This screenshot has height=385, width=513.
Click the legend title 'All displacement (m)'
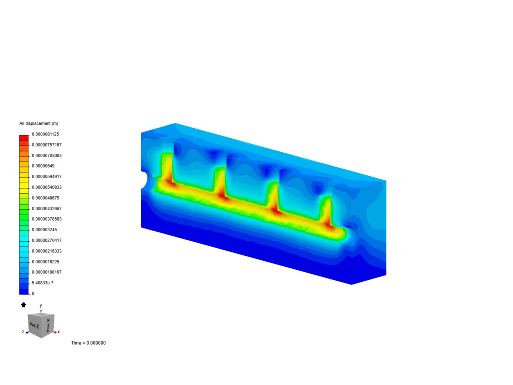[x=39, y=123]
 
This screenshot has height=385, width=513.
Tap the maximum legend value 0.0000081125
[x=45, y=134]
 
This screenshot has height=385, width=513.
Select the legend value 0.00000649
[x=43, y=166]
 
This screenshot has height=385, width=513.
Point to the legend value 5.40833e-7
[x=42, y=283]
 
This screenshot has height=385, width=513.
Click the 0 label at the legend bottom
[x=33, y=294]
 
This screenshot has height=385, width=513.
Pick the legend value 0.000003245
[x=45, y=230]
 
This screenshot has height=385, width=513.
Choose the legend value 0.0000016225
[x=45, y=262]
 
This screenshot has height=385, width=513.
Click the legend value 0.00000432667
[x=47, y=209]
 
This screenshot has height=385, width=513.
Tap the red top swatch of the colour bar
[x=24, y=138]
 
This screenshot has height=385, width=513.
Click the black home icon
[x=24, y=305]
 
